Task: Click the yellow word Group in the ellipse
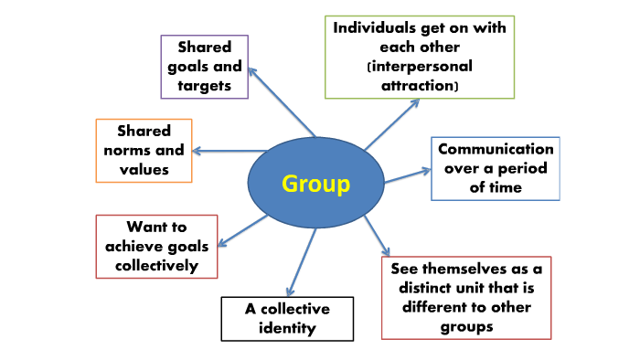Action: click(x=315, y=184)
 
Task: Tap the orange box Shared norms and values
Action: click(x=144, y=150)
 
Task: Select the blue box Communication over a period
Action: click(x=495, y=168)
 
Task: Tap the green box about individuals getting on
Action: click(x=420, y=56)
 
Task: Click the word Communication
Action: click(x=495, y=149)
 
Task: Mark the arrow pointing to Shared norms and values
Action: click(x=224, y=151)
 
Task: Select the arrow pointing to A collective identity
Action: click(x=301, y=260)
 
